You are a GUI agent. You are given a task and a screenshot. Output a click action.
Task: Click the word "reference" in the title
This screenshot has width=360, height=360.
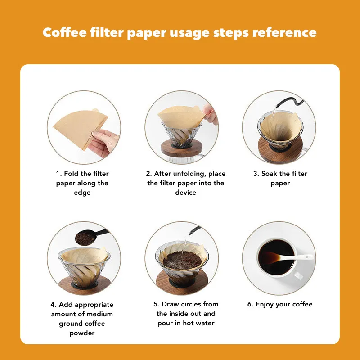pyautogui.click(x=284, y=32)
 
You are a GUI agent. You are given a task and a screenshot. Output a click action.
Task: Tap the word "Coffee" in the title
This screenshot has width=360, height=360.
pyautogui.click(x=65, y=32)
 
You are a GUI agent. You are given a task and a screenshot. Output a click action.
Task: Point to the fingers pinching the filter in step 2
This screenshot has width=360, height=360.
pyautogui.click(x=210, y=114)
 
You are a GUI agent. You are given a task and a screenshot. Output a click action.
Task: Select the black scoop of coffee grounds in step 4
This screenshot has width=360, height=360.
pyautogui.click(x=91, y=237)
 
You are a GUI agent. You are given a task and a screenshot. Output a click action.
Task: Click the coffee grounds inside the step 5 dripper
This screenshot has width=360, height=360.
pyautogui.click(x=182, y=260)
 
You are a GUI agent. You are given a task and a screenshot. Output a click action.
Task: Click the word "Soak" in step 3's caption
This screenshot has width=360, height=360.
pyautogui.click(x=269, y=174)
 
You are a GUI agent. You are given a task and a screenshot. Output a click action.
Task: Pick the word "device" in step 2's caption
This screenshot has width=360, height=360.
pyautogui.click(x=185, y=193)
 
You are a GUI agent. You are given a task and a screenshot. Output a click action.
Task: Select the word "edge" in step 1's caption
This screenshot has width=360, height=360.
pyautogui.click(x=82, y=193)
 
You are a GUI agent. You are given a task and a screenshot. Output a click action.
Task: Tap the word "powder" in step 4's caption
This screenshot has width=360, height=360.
pyautogui.click(x=82, y=333)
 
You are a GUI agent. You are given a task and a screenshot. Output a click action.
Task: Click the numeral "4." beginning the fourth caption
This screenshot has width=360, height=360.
pyautogui.click(x=54, y=305)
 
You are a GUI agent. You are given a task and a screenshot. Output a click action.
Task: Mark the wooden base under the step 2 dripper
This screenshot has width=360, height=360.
pyautogui.click(x=181, y=148)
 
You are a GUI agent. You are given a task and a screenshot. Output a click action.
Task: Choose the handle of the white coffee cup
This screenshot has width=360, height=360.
pyautogui.click(x=298, y=275)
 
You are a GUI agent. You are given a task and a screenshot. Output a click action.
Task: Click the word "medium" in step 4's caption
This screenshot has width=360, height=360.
pyautogui.click(x=100, y=314)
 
